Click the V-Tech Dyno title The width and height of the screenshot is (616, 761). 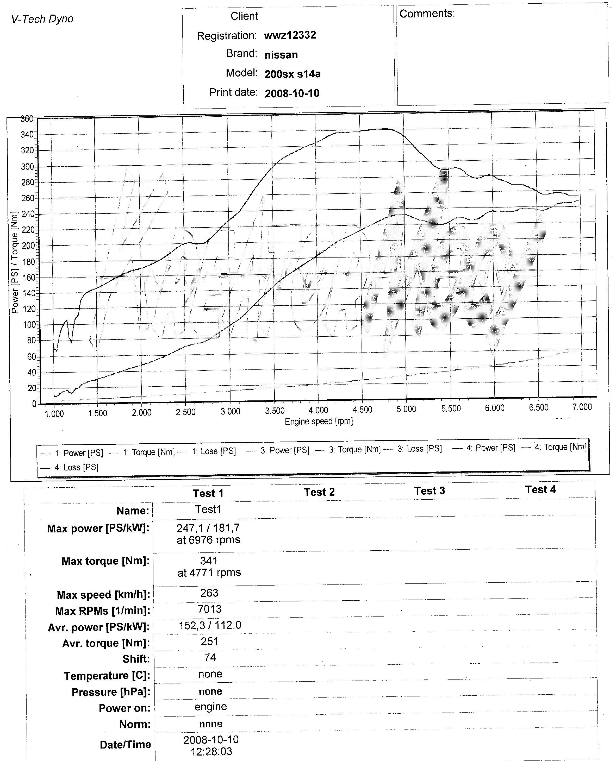(42, 19)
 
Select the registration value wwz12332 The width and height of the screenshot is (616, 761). (290, 35)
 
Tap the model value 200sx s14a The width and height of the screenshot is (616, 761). (293, 74)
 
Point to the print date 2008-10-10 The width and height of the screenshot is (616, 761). (292, 93)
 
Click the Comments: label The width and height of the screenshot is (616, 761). (427, 14)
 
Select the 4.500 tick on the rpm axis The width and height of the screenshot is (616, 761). (362, 410)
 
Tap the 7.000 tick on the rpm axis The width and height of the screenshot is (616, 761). (582, 407)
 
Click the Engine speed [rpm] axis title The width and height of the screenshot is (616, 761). (319, 421)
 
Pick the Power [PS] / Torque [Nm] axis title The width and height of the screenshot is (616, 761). (15, 262)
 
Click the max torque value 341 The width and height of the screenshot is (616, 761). (209, 561)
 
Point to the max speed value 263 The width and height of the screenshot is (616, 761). (209, 593)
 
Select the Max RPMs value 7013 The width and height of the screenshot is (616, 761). (209, 609)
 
